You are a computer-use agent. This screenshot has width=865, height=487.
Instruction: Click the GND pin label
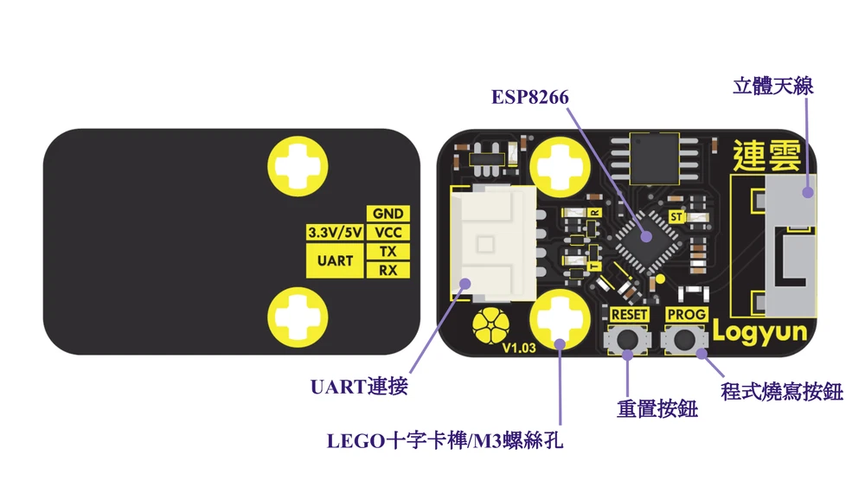pos(388,214)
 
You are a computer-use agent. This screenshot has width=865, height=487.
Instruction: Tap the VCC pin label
pos(388,233)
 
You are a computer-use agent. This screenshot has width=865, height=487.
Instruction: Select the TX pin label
pos(388,252)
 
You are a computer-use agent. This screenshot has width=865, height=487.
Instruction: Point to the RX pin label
pos(388,271)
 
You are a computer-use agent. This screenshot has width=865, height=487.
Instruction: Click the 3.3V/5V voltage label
pos(335,233)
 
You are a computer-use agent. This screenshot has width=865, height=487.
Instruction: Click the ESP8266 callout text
pos(530,97)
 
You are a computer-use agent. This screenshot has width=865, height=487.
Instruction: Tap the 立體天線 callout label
pos(772,86)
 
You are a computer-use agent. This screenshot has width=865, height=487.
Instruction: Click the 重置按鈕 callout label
pos(657,408)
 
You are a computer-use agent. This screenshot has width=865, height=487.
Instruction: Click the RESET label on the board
pos(629,314)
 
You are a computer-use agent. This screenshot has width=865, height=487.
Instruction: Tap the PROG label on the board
pos(687,314)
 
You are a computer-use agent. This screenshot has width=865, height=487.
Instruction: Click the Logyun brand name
pos(759,331)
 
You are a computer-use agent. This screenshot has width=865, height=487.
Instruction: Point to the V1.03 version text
pos(519,349)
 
